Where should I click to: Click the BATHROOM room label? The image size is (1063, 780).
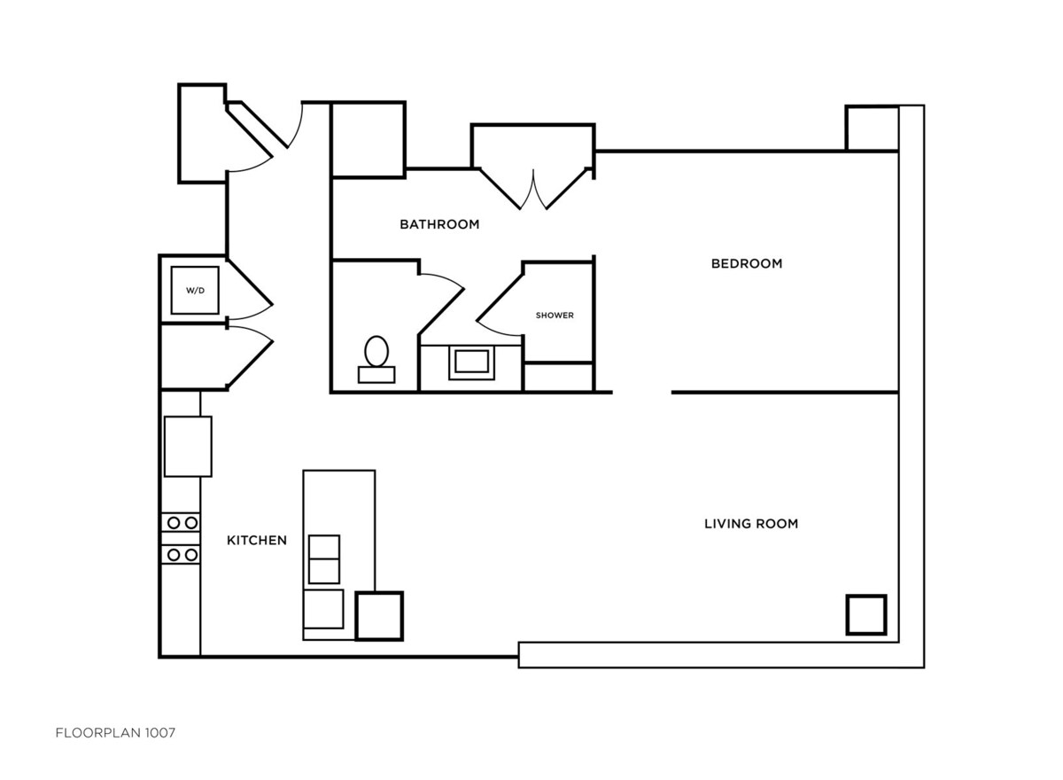click(439, 224)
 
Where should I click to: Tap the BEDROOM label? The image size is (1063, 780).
click(747, 263)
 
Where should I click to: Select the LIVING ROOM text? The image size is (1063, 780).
click(751, 524)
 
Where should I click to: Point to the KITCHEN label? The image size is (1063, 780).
click(257, 541)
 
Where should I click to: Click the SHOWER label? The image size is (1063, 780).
click(555, 316)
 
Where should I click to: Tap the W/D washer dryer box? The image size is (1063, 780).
click(195, 290)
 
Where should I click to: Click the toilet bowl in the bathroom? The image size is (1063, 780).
click(376, 351)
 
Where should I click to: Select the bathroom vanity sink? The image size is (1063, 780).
click(471, 363)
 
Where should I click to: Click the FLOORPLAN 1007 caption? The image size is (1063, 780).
click(115, 733)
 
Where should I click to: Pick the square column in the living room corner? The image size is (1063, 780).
click(866, 615)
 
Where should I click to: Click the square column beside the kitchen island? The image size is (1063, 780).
click(379, 616)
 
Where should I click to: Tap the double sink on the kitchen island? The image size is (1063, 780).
click(324, 559)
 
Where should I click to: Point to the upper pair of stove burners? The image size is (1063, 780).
click(182, 523)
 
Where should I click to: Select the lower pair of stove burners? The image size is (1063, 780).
click(182, 555)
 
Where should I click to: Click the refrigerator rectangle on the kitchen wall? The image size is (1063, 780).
click(188, 446)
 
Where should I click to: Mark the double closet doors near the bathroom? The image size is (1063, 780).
click(533, 190)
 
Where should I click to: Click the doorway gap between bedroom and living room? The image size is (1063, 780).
click(641, 393)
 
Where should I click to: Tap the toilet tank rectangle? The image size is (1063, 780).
click(376, 375)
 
